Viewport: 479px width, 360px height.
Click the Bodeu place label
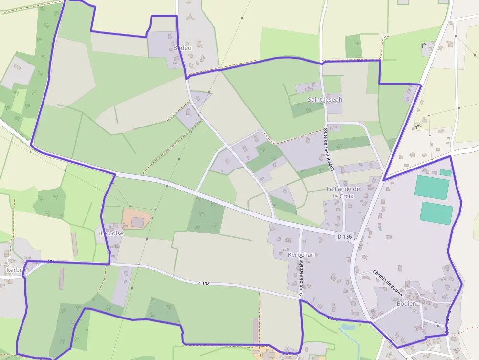182,48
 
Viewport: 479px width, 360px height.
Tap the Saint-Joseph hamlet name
325,99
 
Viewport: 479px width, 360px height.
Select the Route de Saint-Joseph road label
328,148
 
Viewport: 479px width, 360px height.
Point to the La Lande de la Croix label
343,192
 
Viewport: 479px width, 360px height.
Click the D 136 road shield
345,236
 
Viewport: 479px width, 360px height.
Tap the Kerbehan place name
301,255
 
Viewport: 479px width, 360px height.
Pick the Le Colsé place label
112,233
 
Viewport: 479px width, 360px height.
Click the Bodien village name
407,304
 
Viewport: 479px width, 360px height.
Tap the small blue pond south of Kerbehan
348,327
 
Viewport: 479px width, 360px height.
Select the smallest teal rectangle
445,172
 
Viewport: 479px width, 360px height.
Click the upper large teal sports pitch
432,188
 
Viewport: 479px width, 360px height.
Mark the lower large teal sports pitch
436,213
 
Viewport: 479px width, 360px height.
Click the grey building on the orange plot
138,223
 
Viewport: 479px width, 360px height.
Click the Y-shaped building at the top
189,17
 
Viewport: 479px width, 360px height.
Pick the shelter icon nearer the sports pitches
418,126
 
